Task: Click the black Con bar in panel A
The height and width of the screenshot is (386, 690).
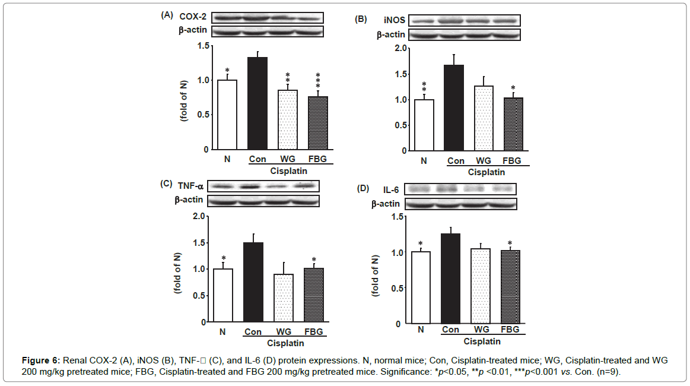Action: (x=257, y=103)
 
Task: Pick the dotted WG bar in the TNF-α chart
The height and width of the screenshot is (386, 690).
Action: (x=283, y=298)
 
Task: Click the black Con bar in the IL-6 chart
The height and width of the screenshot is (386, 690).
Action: (x=450, y=279)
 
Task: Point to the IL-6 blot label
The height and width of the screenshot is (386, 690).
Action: (x=391, y=189)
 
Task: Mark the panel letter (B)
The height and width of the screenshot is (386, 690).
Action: (x=361, y=18)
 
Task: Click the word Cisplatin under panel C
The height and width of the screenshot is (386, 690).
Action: (x=285, y=343)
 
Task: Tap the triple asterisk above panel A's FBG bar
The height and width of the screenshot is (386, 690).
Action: (x=318, y=83)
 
